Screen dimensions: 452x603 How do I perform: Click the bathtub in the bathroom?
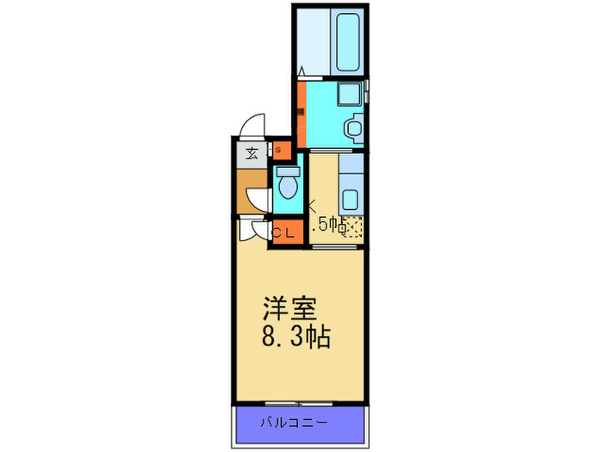pyautogui.click(x=350, y=40)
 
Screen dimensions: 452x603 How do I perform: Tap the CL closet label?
pyautogui.click(x=283, y=232)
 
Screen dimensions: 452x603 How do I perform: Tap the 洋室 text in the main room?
pyautogui.click(x=290, y=308)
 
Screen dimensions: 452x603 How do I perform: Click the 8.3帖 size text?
pyautogui.click(x=295, y=336)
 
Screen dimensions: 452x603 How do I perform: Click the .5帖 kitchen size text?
pyautogui.click(x=331, y=226)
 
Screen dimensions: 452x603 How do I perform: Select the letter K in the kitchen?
pyautogui.click(x=312, y=207)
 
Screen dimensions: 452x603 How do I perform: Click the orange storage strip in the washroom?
pyautogui.click(x=301, y=112)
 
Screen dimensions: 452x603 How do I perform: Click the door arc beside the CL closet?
pyautogui.click(x=255, y=231)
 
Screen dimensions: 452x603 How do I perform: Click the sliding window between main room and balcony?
pyautogui.click(x=297, y=402)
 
